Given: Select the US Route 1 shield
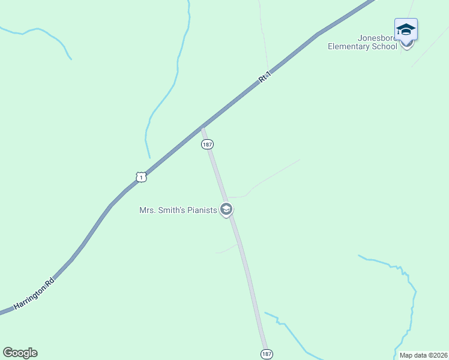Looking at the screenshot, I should point(140,177).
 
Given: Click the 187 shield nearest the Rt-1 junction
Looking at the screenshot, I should point(207,145).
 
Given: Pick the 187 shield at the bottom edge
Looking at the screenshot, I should point(267,354).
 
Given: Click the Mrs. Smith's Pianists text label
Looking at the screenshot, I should point(178,210).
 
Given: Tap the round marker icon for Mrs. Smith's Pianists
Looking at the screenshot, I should point(226,209).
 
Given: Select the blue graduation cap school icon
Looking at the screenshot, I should point(406,29).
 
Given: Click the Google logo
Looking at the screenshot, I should point(20,353).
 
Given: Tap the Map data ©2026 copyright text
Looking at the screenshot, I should point(423,355).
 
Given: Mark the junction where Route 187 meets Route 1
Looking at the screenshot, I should point(203,127).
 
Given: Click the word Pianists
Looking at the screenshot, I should point(201,210).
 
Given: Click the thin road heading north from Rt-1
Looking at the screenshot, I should point(263,36).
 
